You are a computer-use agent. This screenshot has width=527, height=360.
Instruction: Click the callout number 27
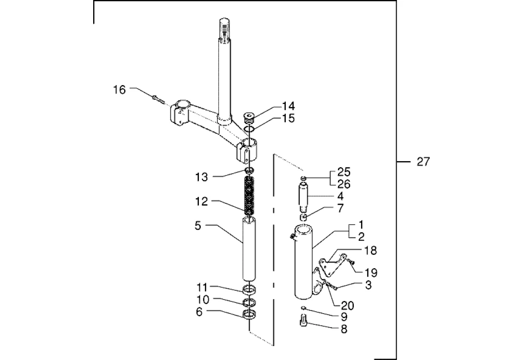coord(423,162)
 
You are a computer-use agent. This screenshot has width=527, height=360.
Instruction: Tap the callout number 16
coord(119,90)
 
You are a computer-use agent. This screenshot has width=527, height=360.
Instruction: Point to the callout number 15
coord(288,118)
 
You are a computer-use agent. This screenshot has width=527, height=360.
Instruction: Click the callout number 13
coord(202,177)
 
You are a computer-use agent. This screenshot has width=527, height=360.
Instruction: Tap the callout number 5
coord(198,225)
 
